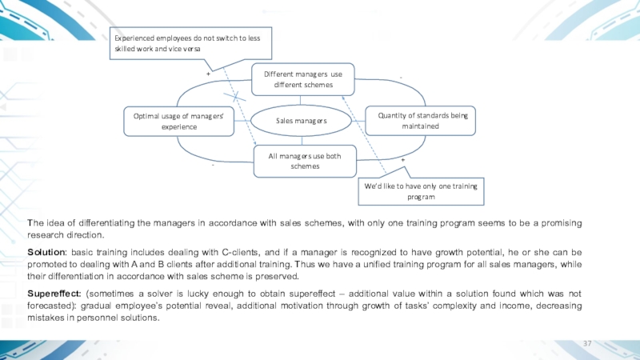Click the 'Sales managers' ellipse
coord(302,120)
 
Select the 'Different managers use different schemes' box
coord(302,78)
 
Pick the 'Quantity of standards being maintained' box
coord(420,121)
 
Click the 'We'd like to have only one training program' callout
coord(420,190)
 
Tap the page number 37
coord(587,343)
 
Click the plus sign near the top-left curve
coord(208,73)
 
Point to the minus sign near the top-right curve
coord(400,78)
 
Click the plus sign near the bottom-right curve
coord(402,161)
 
